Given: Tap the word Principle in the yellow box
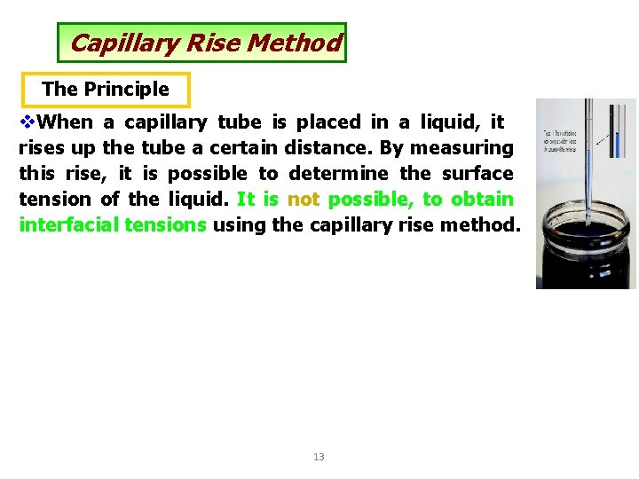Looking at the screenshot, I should coord(126,89).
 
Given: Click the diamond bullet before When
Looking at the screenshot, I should coord(27,122).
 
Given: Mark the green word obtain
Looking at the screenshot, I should coord(482,199).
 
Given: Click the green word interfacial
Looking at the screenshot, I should coord(68,224).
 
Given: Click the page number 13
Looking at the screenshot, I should coord(319,457).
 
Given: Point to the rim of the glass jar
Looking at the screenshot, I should coord(587,215).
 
